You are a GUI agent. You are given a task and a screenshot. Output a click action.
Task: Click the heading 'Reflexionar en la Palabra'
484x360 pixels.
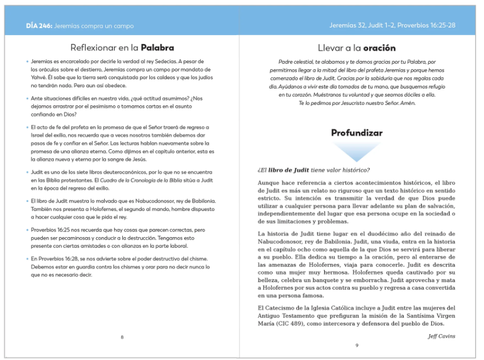[122, 47]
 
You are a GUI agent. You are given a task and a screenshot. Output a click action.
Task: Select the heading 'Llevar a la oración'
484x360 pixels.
[356, 47]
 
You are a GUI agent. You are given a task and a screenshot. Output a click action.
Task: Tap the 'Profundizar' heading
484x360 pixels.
[356, 133]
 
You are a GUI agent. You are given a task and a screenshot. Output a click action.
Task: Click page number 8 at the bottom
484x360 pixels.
[122, 337]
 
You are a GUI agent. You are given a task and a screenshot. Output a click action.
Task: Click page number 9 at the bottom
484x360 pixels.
[356, 345]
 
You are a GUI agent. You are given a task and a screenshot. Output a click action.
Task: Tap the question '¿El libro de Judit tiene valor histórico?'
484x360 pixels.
[313, 170]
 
